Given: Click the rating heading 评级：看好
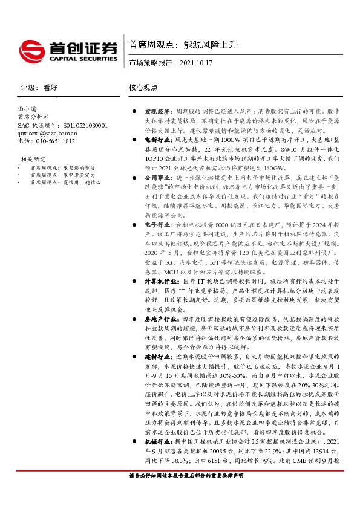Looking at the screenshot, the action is (x=39, y=88).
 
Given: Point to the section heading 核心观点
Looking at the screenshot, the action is (x=143, y=88).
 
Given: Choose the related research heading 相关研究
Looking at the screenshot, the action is (x=30, y=159).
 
